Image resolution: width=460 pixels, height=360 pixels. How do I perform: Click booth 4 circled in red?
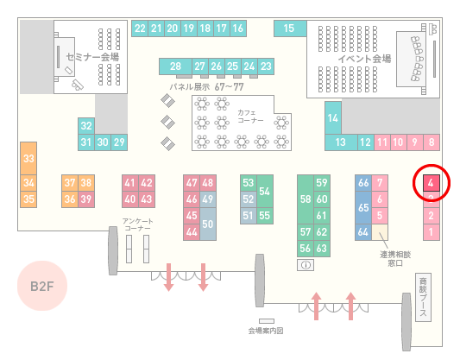[x=431, y=183]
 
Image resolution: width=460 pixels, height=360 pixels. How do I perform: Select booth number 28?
[x=175, y=66]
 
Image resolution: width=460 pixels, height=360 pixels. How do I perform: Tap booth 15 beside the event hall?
[x=290, y=28]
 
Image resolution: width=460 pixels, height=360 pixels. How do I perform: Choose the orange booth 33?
[x=28, y=159]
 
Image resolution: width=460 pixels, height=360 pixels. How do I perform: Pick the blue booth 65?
[x=363, y=207]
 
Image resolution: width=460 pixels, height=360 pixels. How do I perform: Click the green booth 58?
[x=306, y=199]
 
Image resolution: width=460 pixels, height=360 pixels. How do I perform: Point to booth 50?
[x=208, y=224]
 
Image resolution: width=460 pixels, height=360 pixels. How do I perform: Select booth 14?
[x=333, y=118]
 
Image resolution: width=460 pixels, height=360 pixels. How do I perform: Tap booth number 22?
[x=140, y=28]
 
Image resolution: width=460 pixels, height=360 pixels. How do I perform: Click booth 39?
[x=86, y=199]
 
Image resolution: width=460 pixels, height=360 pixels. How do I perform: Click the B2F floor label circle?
[x=42, y=286]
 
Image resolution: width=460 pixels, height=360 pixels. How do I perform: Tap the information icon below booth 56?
[x=306, y=265]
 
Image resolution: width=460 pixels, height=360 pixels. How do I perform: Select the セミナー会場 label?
[x=92, y=57]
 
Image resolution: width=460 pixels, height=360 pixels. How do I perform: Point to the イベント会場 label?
[x=364, y=59]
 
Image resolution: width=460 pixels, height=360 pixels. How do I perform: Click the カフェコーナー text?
[x=250, y=117]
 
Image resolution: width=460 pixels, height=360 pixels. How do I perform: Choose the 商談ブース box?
[x=423, y=297]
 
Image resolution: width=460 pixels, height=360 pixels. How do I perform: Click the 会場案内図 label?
[x=266, y=331]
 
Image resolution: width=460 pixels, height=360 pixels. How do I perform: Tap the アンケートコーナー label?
[x=137, y=224]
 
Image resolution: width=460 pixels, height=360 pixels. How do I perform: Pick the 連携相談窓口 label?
[x=395, y=259]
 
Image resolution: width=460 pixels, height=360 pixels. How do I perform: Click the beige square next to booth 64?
[x=380, y=232]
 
